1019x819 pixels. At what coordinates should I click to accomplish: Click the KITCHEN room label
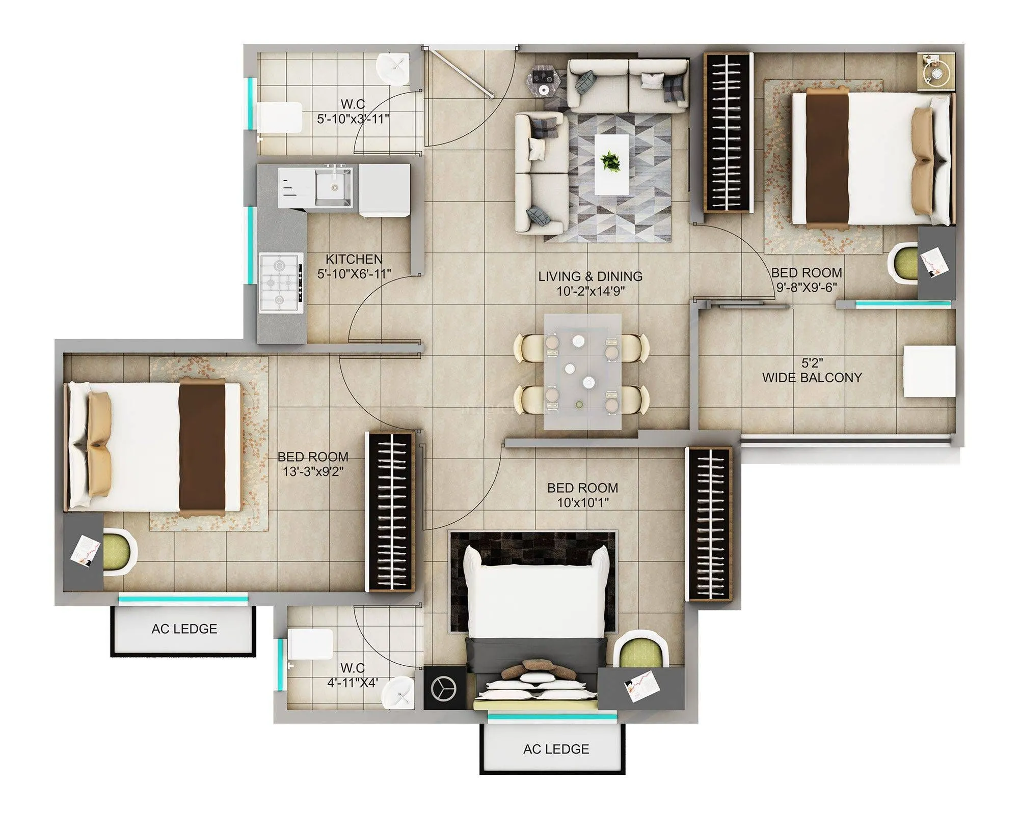[354, 259]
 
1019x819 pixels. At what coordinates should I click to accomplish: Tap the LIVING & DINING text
[590, 276]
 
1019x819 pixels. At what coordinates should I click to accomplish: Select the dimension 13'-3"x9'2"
[313, 471]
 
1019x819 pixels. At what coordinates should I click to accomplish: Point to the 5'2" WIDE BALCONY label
[812, 371]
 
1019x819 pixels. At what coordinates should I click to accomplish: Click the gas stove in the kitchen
[281, 283]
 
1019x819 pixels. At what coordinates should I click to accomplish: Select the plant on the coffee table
[610, 161]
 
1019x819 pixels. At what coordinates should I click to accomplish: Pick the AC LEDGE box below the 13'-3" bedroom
[183, 629]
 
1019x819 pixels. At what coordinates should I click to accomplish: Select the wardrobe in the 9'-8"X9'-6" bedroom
[728, 132]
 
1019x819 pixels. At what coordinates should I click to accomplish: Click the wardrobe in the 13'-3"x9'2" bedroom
[391, 511]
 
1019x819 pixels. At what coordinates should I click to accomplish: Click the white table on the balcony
[929, 371]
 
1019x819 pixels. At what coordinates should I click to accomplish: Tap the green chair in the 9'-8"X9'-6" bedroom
[903, 263]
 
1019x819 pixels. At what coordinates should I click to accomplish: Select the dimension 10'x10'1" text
[582, 503]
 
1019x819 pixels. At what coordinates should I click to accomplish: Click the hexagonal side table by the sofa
[545, 81]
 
